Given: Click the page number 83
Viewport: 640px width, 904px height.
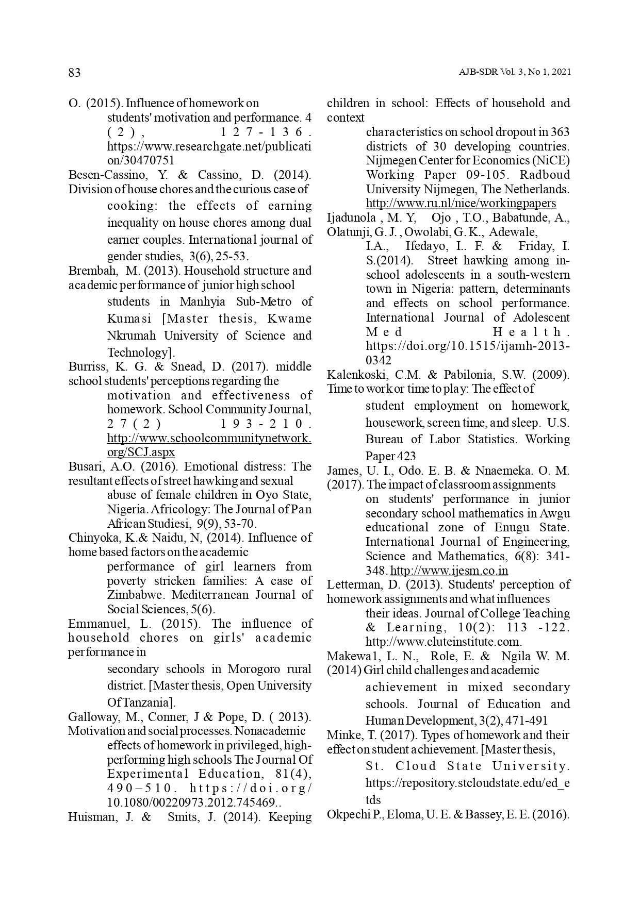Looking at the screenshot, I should point(75,73).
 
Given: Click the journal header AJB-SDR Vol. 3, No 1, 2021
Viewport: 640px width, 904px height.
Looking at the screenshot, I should point(514,73).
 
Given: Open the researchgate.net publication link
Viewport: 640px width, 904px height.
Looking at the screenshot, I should point(209,153).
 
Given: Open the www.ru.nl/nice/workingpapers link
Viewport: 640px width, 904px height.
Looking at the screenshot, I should point(461,203).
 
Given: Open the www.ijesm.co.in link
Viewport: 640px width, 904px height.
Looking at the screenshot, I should point(449,571).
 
